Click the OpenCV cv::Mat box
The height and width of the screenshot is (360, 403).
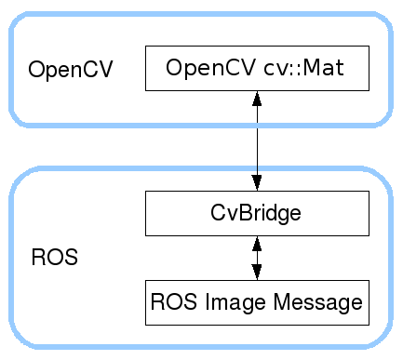(257, 69)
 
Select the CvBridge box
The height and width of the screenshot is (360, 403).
(257, 213)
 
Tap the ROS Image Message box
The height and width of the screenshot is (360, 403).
(257, 302)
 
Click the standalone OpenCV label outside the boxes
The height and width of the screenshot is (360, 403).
(71, 71)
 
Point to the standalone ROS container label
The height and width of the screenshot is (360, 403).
(54, 258)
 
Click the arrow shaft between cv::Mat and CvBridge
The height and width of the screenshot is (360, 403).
(257, 140)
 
